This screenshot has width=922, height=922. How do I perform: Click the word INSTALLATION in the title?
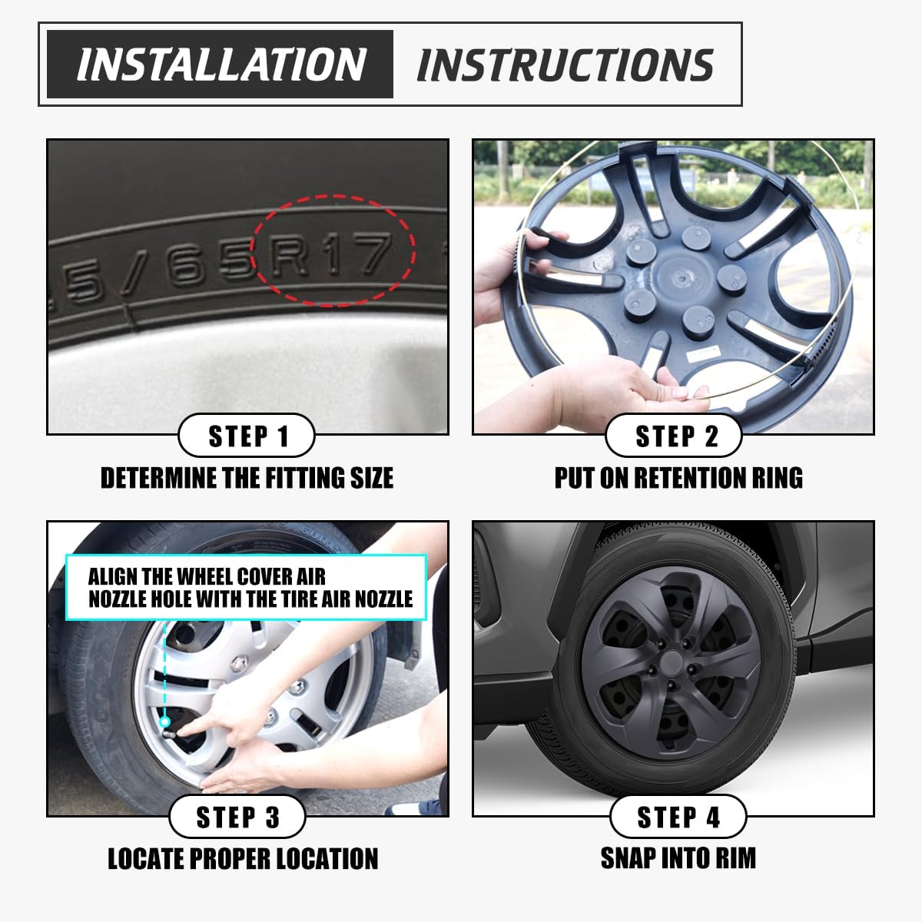[221, 65]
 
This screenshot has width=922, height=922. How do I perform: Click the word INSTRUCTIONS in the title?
[565, 65]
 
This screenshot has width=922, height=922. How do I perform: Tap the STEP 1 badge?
[247, 436]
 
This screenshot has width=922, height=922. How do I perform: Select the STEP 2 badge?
[675, 436]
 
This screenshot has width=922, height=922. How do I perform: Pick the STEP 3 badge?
[237, 817]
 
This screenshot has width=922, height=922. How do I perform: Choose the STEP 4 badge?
[678, 817]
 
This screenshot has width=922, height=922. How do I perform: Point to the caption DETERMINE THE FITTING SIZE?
[247, 478]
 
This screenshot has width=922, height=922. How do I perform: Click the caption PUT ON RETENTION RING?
[678, 478]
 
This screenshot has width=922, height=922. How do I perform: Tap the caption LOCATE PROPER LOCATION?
[243, 858]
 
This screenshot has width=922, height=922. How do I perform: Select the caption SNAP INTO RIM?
[678, 857]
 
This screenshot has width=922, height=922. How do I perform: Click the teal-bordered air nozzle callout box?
[246, 588]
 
